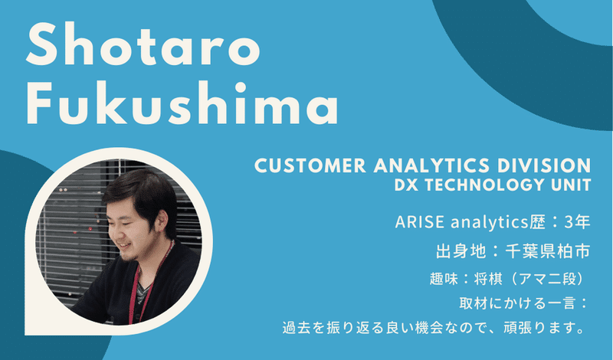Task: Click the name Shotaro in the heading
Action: [143, 45]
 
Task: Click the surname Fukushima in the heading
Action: [182, 103]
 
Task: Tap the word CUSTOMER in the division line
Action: [310, 165]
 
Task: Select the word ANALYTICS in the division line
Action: [431, 165]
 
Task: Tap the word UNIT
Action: [568, 185]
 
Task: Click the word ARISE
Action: [419, 222]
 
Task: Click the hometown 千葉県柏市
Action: [547, 251]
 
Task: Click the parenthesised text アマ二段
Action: [548, 279]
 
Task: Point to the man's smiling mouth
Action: [124, 246]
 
